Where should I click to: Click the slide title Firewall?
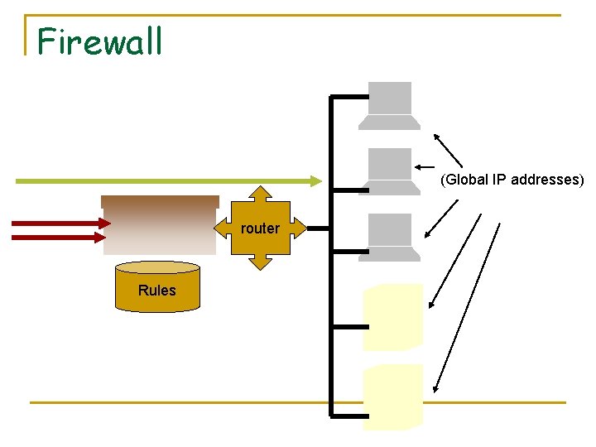[x=100, y=41]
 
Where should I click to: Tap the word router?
[x=260, y=228]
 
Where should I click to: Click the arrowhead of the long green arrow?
[x=316, y=180]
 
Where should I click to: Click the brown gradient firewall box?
[x=159, y=224]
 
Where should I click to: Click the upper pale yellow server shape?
[x=393, y=316]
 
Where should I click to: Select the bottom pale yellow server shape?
[x=393, y=397]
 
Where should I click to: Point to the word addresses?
[x=550, y=180]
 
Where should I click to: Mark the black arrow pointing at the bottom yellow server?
[x=468, y=306]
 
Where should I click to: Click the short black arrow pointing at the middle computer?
[x=424, y=165]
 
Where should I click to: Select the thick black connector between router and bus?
[x=317, y=228]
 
